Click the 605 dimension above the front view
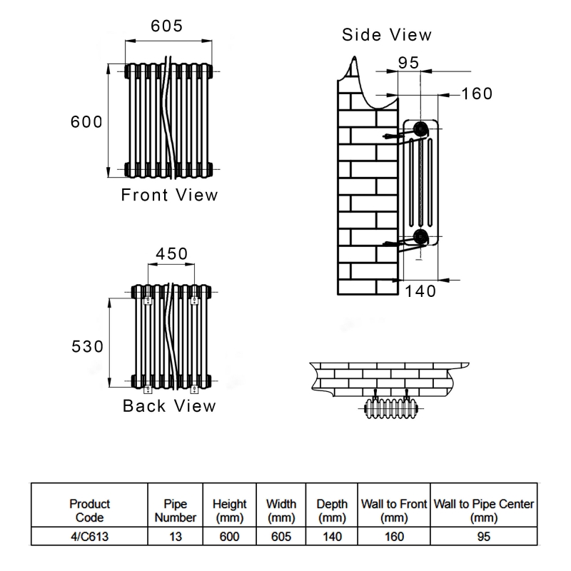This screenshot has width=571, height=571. tap(167, 26)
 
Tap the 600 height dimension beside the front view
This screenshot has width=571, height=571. tap(86, 121)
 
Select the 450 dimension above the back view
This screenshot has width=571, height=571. tap(171, 254)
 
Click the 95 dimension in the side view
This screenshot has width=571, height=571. tap(408, 62)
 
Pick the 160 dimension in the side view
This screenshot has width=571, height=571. tap(476, 94)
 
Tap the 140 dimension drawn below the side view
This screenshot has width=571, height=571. tap(420, 290)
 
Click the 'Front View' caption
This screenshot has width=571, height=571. tap(169, 194)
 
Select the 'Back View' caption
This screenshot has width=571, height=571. tap(169, 405)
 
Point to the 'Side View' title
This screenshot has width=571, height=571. tap(386, 34)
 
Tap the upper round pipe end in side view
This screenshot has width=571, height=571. tap(420, 129)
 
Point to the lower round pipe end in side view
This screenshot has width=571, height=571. tap(420, 238)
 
